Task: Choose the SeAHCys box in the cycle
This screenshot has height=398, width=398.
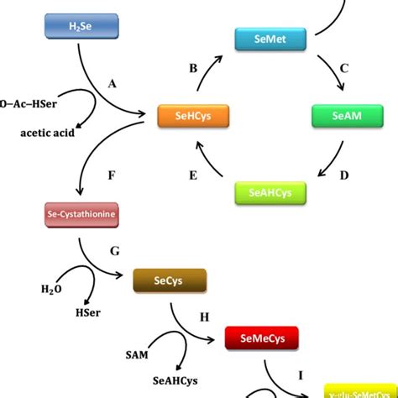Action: click(270, 192)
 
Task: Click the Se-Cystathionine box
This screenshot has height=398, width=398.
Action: click(82, 215)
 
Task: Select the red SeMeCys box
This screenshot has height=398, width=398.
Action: click(261, 339)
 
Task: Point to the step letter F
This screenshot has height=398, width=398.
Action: click(112, 177)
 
